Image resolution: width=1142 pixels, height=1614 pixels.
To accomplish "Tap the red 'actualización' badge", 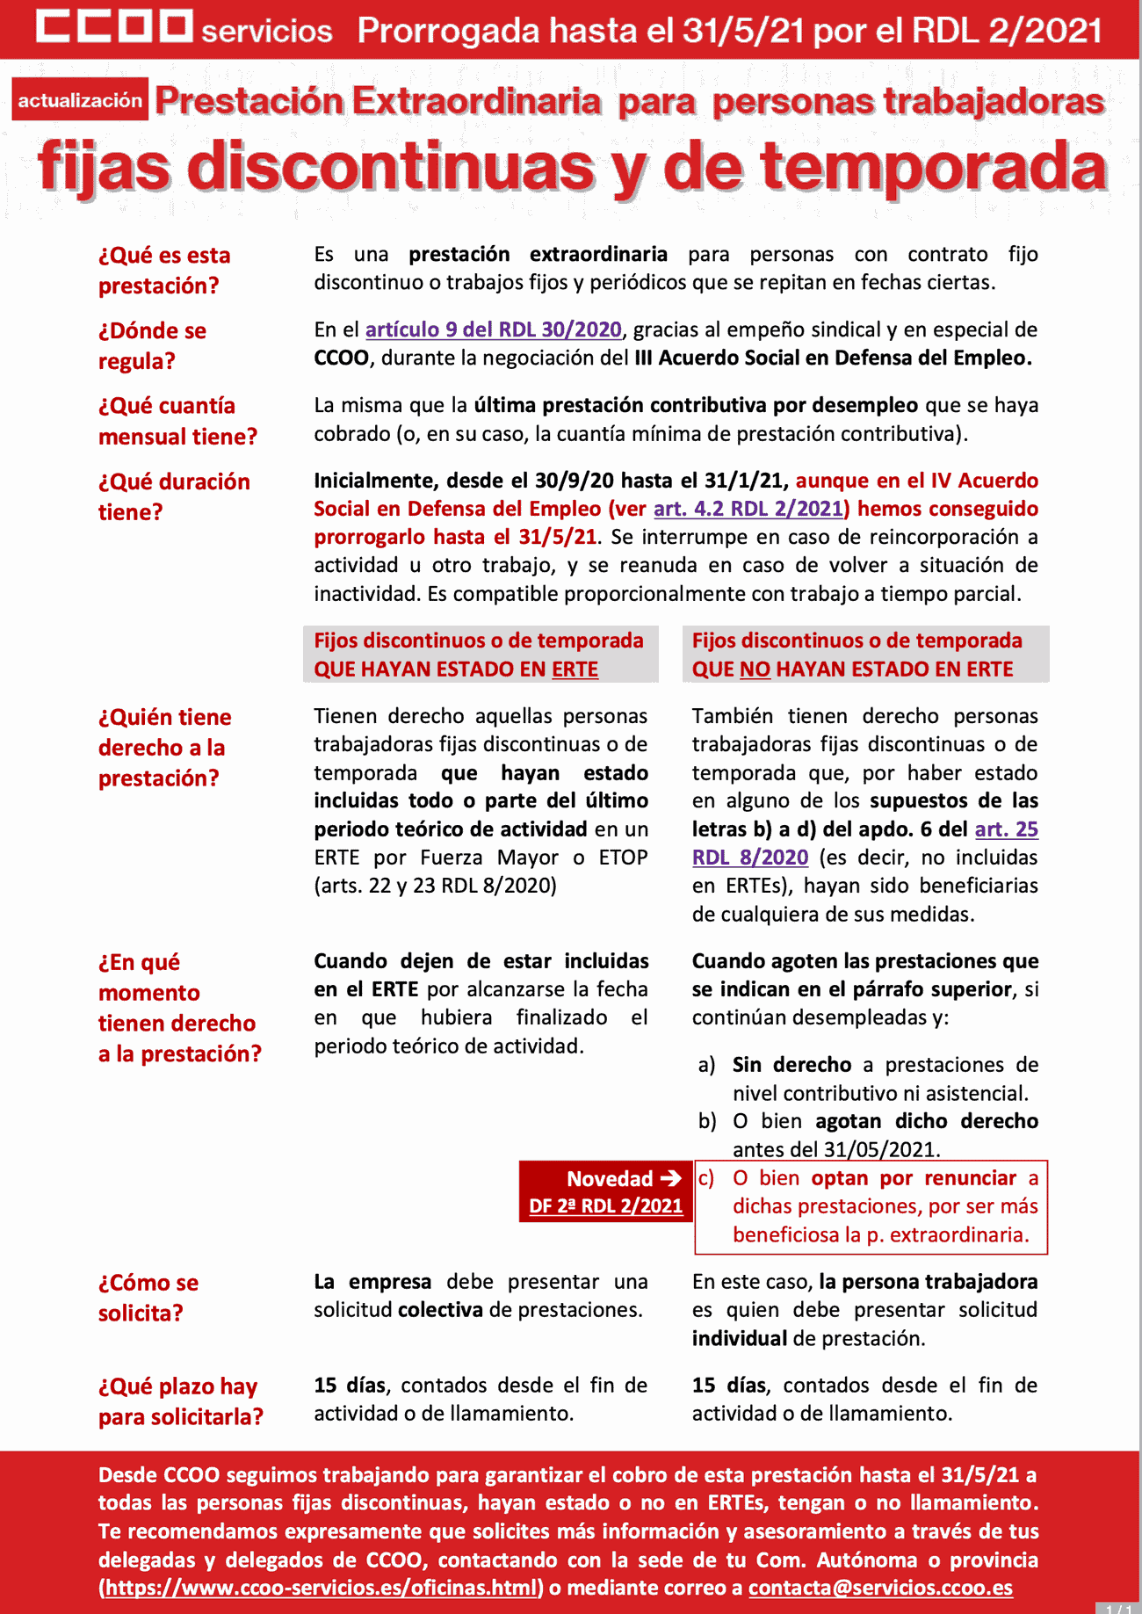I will tap(80, 100).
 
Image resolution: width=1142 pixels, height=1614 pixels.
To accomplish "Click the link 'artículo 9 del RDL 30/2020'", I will tap(493, 329).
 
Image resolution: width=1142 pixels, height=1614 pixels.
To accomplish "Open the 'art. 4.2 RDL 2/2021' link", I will tap(748, 509).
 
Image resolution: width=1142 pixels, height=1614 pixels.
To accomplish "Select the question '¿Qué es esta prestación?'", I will tap(164, 270).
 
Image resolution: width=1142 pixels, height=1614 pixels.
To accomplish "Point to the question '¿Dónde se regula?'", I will tap(152, 345).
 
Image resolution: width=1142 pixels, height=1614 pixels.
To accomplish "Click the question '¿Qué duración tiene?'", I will tap(174, 496).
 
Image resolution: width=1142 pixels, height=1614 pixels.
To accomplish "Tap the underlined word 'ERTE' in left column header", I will tap(575, 669).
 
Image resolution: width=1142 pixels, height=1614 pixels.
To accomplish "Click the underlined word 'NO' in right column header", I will tap(755, 669).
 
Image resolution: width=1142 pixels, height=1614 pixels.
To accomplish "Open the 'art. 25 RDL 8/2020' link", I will tap(1006, 829).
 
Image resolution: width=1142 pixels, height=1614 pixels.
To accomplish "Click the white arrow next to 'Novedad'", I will tap(671, 1178).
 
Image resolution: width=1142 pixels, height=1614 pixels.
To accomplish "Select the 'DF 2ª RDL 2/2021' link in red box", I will tap(605, 1206).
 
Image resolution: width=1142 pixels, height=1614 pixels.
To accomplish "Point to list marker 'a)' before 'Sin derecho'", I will tap(706, 1066).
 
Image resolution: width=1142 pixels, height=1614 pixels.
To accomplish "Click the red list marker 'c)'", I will tap(705, 1178).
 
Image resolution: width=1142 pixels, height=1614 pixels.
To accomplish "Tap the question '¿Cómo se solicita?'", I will tap(148, 1297).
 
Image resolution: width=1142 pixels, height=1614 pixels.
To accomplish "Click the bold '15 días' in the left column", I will tap(350, 1386).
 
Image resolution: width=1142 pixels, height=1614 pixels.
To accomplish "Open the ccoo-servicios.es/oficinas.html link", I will tap(321, 1588).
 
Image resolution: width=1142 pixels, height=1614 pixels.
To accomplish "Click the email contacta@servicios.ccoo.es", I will tap(880, 1588).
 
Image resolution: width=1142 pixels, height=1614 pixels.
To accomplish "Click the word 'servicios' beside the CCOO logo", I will tap(267, 32).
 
